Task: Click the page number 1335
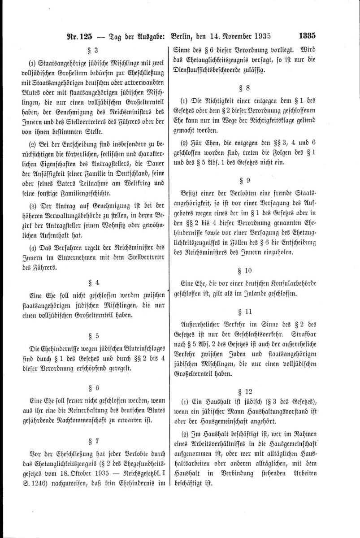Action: pos(306,35)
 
